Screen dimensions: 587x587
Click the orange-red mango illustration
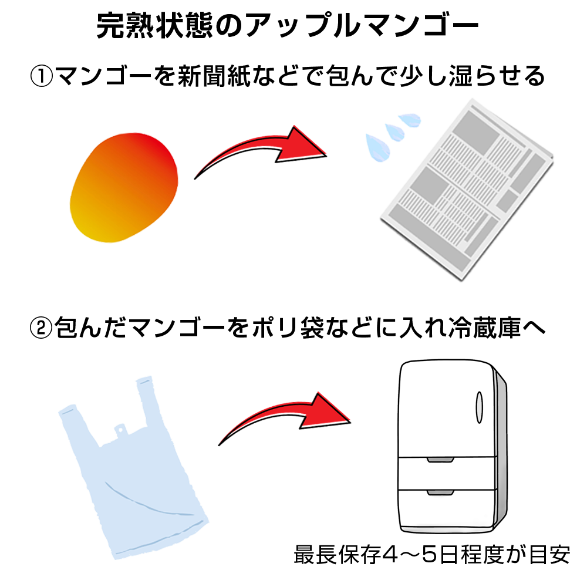[x=123, y=187]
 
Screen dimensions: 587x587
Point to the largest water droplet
[x=378, y=147]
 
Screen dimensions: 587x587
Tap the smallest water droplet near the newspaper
[x=410, y=120]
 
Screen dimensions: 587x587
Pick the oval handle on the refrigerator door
[x=479, y=407]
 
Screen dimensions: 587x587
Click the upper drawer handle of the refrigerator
[x=441, y=460]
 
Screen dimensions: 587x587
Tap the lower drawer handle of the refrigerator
[x=441, y=492]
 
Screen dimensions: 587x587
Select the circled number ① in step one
[x=41, y=76]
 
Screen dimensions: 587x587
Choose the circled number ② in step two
[x=41, y=328]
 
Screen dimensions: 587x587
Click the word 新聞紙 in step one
[x=214, y=76]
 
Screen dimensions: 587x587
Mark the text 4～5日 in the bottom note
[x=420, y=555]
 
